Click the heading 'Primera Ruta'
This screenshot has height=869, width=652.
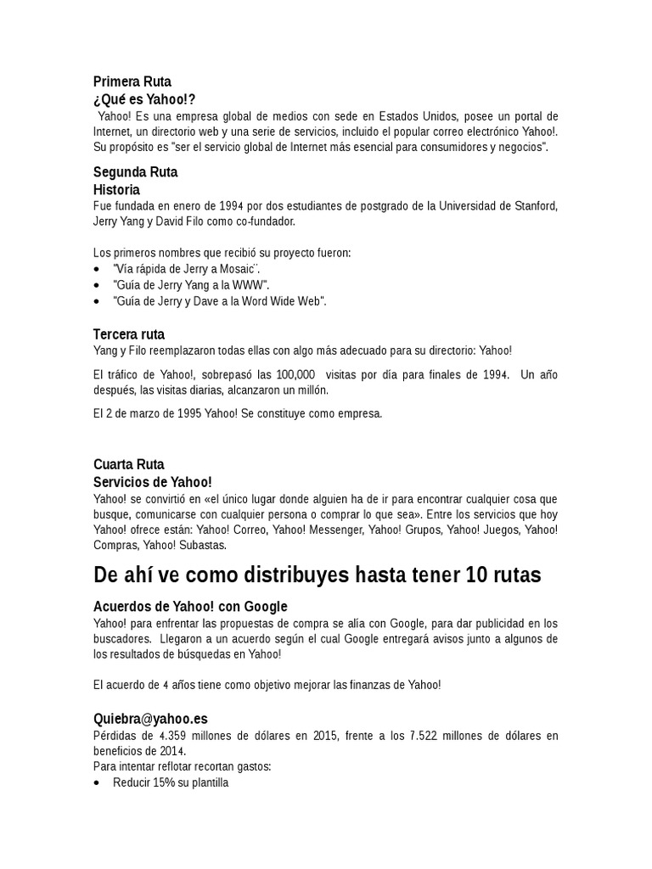pyautogui.click(x=132, y=82)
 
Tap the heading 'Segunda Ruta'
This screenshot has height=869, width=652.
pyautogui.click(x=135, y=172)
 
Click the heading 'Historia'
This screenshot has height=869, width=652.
pyautogui.click(x=116, y=189)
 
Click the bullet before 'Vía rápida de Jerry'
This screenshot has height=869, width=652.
pyautogui.click(x=97, y=269)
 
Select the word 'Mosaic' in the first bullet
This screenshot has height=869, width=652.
pyautogui.click(x=249, y=269)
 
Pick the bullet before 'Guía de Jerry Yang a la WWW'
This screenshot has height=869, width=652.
pyautogui.click(x=97, y=285)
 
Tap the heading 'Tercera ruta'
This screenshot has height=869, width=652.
pyautogui.click(x=129, y=334)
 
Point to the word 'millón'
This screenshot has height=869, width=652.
pyautogui.click(x=309, y=390)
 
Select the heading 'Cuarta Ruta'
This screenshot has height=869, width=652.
pyautogui.click(x=129, y=464)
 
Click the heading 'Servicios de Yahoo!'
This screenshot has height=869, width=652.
pyautogui.click(x=152, y=481)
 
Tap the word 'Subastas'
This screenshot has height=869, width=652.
pyautogui.click(x=203, y=545)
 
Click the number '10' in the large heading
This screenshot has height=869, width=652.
pyautogui.click(x=477, y=576)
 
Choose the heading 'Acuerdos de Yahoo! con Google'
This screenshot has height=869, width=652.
pyautogui.click(x=190, y=607)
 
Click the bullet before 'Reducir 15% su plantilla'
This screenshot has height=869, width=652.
pyautogui.click(x=97, y=783)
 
